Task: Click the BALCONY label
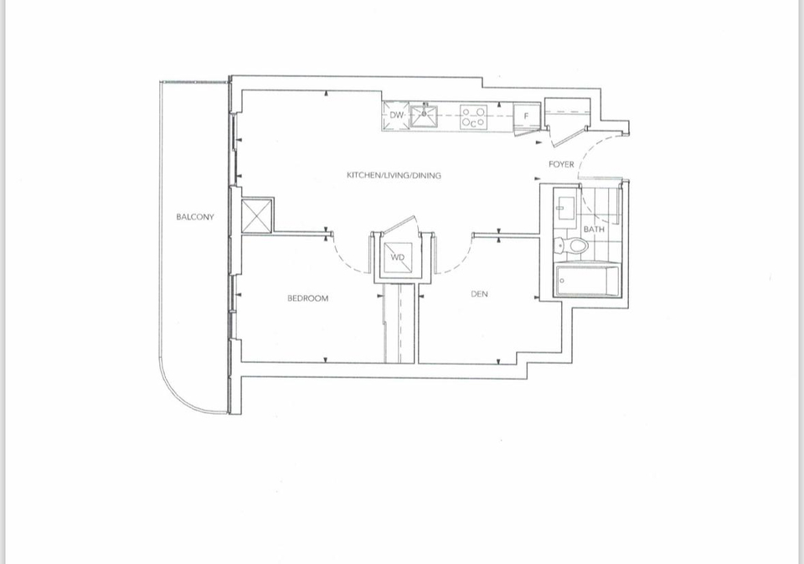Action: (x=195, y=216)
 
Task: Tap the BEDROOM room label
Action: (x=307, y=298)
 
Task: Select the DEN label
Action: (x=479, y=294)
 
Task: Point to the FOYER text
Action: (x=561, y=164)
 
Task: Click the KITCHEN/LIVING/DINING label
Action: (x=394, y=175)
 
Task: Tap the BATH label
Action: (x=594, y=229)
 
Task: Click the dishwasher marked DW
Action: (x=396, y=116)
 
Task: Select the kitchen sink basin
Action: (x=424, y=116)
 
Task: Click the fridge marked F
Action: (x=526, y=116)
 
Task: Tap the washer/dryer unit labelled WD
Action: (x=397, y=257)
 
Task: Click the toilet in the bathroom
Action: (x=572, y=246)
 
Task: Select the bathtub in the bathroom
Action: (x=586, y=280)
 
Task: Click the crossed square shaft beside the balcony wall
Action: (x=256, y=215)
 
